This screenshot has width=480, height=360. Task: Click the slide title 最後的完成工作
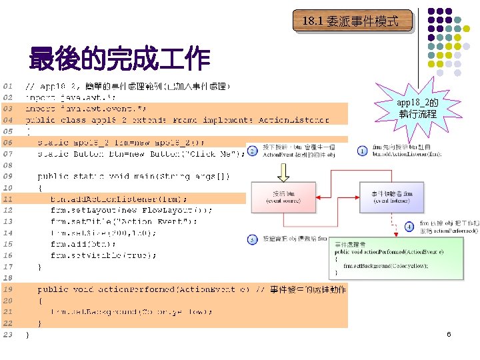[119, 60]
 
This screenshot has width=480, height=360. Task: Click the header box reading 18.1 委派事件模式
[351, 21]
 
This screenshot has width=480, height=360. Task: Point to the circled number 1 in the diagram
[362, 151]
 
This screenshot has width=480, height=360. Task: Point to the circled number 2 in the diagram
[252, 151]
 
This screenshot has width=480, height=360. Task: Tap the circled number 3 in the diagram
[252, 239]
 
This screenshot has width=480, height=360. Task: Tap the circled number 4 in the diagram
[409, 227]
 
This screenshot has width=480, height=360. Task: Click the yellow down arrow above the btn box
[283, 173]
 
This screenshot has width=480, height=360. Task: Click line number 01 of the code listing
[7, 87]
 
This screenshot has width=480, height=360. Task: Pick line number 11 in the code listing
[7, 199]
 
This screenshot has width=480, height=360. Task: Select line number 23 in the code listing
[7, 334]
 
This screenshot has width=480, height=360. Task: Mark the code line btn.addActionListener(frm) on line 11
[119, 199]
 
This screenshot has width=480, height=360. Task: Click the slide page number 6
[449, 333]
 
